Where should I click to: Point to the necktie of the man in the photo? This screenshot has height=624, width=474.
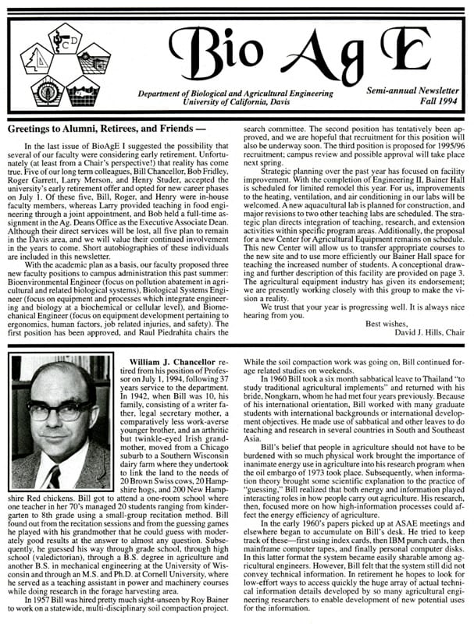53,471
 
